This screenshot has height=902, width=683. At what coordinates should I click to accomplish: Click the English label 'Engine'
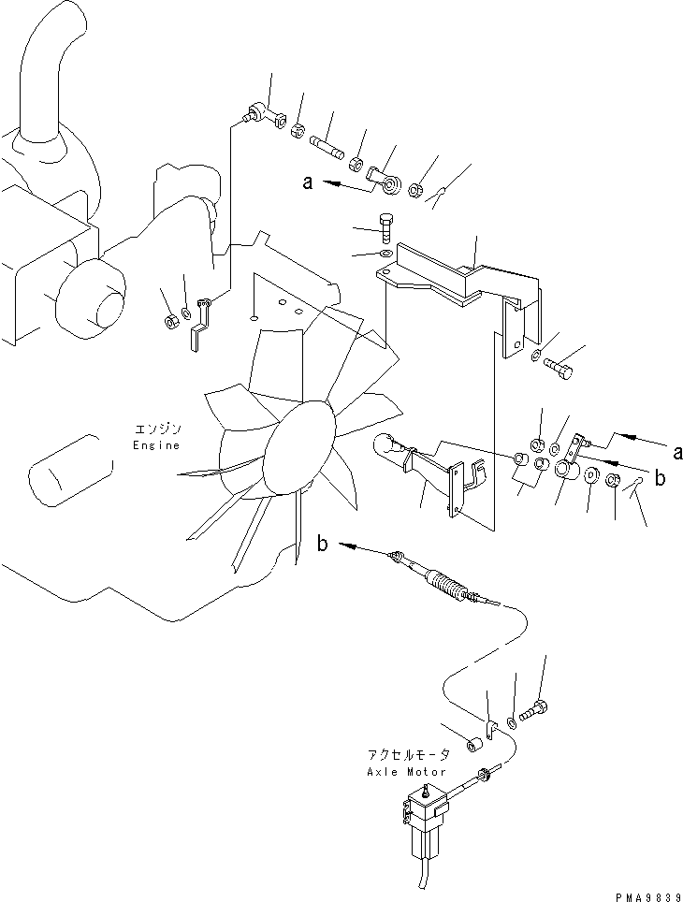[155, 445]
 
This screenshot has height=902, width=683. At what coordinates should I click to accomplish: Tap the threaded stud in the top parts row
[327, 148]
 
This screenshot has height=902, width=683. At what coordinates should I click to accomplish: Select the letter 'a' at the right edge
[676, 453]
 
